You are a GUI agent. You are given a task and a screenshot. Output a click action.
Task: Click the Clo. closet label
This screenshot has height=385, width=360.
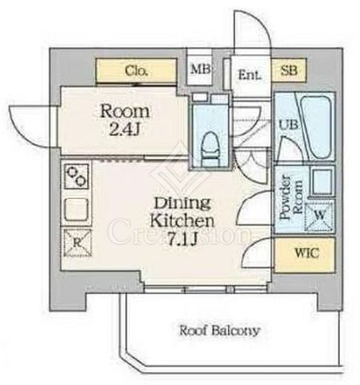(x=136, y=71)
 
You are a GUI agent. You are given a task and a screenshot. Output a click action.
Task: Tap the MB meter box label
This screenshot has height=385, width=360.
(x=200, y=69)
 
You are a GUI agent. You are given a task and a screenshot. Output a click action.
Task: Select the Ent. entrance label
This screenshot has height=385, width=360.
(x=250, y=75)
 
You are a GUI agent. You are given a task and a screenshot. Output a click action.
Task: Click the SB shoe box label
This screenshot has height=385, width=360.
(x=289, y=70)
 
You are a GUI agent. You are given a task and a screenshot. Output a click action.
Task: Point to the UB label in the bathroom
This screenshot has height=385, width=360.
(x=288, y=124)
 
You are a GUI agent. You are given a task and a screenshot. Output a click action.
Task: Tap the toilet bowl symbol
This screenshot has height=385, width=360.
(x=210, y=149)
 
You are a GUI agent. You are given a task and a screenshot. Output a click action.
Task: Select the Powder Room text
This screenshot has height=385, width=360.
(x=291, y=197)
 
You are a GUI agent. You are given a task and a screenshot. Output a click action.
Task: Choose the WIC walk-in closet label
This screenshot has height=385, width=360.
(x=307, y=252)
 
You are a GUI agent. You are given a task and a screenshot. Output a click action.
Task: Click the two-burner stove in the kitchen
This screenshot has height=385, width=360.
(x=76, y=176)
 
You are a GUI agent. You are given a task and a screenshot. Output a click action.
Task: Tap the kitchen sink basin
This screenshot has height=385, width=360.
(x=76, y=209)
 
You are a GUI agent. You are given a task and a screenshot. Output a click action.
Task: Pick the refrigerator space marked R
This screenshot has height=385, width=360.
(x=78, y=243)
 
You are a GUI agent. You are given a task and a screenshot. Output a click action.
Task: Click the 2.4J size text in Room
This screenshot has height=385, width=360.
(x=124, y=130)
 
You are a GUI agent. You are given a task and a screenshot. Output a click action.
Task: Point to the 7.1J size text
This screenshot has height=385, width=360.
(x=182, y=239)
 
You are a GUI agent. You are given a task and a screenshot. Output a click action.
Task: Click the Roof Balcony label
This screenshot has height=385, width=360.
(x=219, y=330)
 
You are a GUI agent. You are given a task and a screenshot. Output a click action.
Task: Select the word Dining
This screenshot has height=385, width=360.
(x=182, y=203)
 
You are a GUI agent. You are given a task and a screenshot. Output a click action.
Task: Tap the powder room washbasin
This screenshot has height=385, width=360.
(x=321, y=181)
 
